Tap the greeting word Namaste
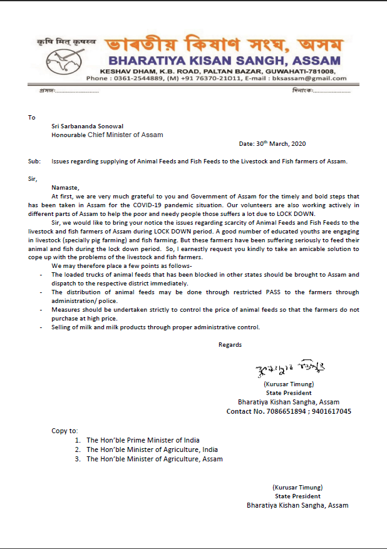coord(66,187)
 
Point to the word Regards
coord(230,344)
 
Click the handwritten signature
coord(289,367)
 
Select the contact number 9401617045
coord(334,411)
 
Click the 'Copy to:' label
coord(64,431)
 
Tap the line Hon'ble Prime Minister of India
coord(143,440)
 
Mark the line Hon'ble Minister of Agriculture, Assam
coord(154,459)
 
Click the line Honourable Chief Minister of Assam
coord(107,135)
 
